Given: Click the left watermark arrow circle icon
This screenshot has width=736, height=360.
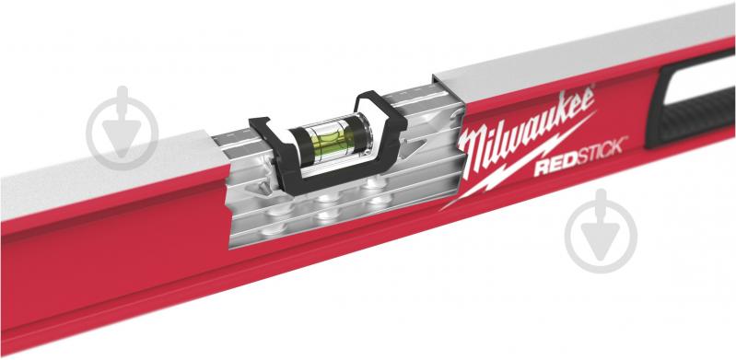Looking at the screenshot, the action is [x=122, y=127].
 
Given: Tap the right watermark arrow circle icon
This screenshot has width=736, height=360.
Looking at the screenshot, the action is [x=601, y=230].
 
